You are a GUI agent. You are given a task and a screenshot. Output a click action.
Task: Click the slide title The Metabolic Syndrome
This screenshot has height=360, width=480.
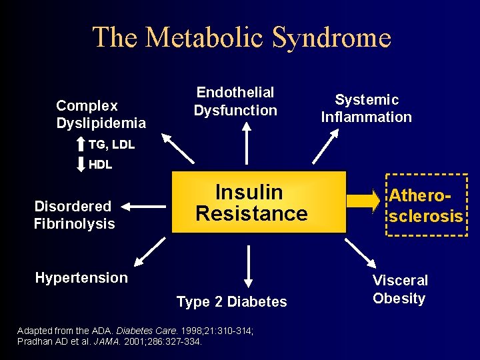click(241, 37)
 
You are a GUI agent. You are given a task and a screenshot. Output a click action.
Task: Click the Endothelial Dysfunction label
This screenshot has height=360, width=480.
click(235, 101)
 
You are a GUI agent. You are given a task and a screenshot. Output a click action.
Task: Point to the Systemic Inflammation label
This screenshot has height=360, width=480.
click(366, 109)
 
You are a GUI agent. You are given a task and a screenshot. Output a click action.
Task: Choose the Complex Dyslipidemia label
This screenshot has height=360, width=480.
click(101, 114)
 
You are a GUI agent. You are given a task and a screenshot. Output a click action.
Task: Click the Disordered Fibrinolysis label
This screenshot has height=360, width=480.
click(74, 215)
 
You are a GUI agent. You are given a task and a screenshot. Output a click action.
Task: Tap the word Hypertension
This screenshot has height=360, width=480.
click(81, 278)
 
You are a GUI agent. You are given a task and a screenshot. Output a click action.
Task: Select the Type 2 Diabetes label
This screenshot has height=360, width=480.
click(231, 302)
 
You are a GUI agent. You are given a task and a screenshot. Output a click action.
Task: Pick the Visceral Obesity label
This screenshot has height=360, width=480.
click(399, 289)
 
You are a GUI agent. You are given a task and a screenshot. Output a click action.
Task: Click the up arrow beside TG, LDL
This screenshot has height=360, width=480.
click(81, 144)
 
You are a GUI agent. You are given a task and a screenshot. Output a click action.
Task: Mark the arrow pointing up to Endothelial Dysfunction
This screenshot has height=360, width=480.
click(247, 143)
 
